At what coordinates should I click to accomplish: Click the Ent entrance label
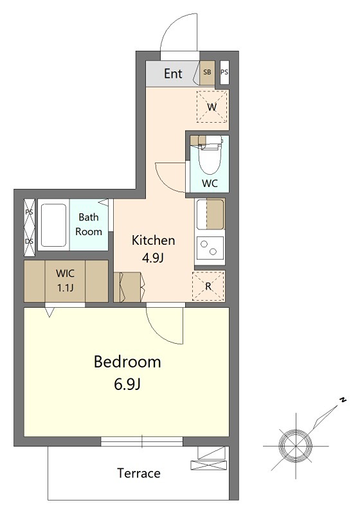coord(173,73)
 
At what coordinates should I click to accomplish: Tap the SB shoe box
coord(207,73)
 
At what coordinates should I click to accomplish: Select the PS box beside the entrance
coord(224,72)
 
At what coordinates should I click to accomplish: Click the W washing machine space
coord(212,107)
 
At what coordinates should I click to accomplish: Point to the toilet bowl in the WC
coord(210,158)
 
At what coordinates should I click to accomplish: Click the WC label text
coord(210,183)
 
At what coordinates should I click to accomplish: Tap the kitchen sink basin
coord(210,215)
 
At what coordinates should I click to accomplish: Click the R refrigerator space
coord(208,286)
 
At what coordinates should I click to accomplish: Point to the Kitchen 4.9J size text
coord(153,258)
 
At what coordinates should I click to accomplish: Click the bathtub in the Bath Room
coord(54,225)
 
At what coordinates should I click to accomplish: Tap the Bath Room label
coord(89,224)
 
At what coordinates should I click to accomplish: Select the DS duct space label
coord(29,241)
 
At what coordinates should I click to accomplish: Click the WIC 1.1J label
coord(65,281)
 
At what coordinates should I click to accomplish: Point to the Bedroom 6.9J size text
coord(127,384)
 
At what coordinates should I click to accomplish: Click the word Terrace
coord(139,474)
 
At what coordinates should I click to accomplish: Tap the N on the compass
coord(343,400)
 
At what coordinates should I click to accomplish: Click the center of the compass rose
coord(296,446)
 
